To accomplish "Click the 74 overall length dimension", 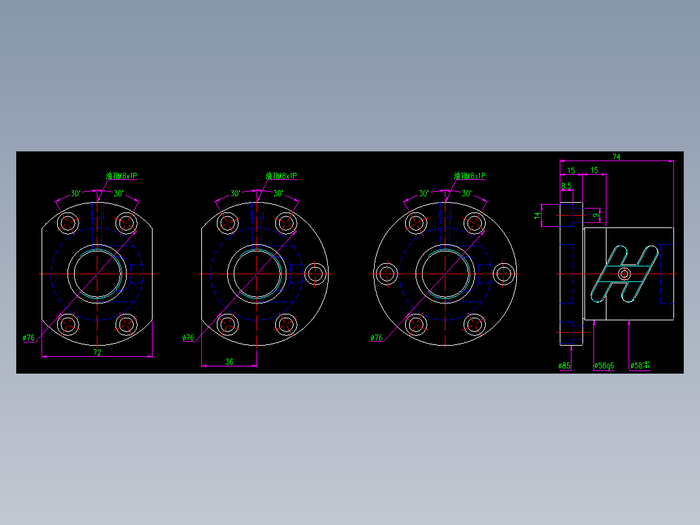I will (616, 157).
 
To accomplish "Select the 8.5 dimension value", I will (566, 186).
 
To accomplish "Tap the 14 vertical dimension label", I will (538, 215).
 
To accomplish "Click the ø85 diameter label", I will (564, 366).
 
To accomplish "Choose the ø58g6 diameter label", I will (604, 366).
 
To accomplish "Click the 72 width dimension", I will (97, 352).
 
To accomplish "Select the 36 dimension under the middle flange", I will (229, 362).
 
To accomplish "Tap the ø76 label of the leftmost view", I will (29, 338).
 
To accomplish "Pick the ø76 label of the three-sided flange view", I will (188, 338).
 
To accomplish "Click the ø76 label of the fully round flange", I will (377, 338).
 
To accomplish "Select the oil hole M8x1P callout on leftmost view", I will (122, 176).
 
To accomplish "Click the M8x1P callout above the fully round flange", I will (469, 176).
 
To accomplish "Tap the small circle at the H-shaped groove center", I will (625, 274).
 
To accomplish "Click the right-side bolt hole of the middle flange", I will (315, 274).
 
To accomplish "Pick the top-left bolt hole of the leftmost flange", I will (68, 223).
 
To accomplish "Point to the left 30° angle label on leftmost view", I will (76, 194).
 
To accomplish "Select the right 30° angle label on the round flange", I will (466, 194).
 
